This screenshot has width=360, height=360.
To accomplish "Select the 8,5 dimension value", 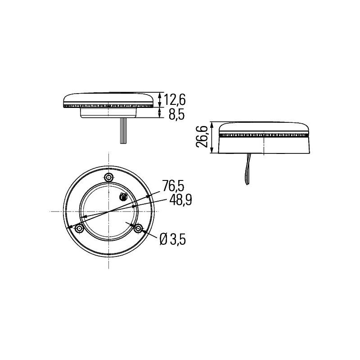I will click(x=176, y=115).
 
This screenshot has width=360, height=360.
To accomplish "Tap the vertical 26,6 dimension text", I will click(x=202, y=136).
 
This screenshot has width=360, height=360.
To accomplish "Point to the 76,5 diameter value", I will click(x=174, y=185).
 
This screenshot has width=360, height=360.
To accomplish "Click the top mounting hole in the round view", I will click(x=108, y=176).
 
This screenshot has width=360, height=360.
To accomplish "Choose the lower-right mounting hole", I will click(x=139, y=229).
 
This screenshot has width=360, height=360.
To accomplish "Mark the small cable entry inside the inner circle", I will click(x=123, y=196).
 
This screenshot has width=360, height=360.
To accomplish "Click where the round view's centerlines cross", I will click(x=108, y=211).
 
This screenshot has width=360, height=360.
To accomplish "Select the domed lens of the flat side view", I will click(x=108, y=98).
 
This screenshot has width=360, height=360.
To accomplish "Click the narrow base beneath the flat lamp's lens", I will click(x=108, y=112).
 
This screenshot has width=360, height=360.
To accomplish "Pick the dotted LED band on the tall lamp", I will click(x=264, y=135).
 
